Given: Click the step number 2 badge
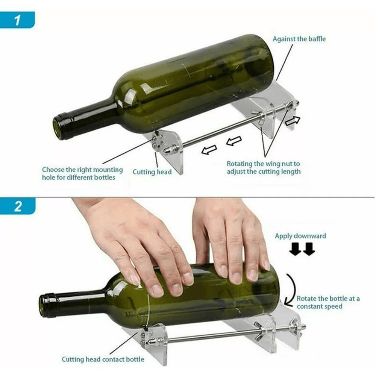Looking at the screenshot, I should [17, 206].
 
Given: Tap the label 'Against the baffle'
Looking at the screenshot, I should [299, 39].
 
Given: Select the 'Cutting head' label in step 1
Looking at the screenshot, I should [152, 172].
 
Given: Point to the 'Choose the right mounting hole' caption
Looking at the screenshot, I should [82, 170].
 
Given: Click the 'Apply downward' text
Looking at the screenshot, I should [300, 236].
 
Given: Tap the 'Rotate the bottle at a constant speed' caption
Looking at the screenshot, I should [328, 302].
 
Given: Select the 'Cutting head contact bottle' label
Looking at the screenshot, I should [103, 359].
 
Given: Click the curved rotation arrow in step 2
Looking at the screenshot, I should [290, 290].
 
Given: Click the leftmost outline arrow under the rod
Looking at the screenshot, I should [209, 150].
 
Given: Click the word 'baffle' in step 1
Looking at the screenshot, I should [316, 39].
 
